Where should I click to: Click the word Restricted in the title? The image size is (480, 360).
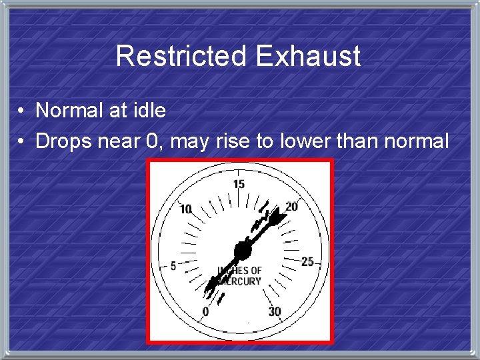tap(181, 56)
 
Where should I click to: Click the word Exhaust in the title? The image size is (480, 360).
tap(307, 56)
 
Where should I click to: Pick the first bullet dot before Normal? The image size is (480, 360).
tap(22, 111)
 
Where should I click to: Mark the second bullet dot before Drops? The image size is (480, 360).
tap(22, 141)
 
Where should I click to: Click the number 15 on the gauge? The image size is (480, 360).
tap(239, 184)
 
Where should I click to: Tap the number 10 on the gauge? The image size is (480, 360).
tap(186, 209)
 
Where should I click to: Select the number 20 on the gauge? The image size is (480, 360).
tap(291, 207)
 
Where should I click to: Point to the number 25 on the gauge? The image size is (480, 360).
tap(307, 261)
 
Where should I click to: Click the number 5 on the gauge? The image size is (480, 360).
tap(173, 266)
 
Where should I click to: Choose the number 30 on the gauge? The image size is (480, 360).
tap(275, 311)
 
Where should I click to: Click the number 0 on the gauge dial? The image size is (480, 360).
tap(205, 311)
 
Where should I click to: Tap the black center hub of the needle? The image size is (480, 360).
tap(241, 251)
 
